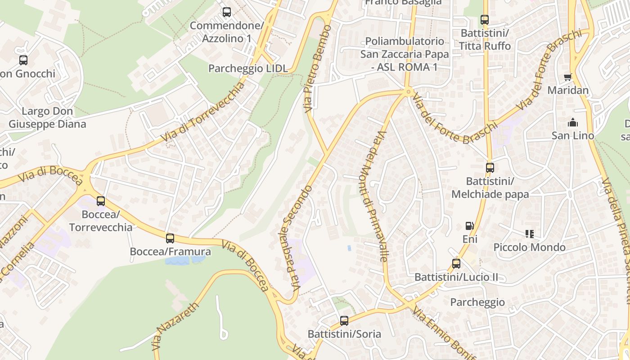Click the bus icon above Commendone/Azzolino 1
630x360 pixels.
point(227,12)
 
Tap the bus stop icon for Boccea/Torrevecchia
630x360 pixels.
point(101,201)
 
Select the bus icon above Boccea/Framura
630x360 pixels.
point(170,238)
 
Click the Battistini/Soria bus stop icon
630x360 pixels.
point(344,321)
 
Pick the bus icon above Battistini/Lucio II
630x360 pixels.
point(456,264)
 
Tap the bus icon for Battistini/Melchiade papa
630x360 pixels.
point(490,168)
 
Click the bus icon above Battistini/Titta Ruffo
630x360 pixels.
point(485,20)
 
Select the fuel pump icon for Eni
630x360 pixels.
point(469,226)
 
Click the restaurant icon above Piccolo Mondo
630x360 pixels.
point(530,234)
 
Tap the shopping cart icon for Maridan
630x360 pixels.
point(567,77)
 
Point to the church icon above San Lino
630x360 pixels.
point(572,122)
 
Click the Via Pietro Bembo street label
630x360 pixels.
point(317,68)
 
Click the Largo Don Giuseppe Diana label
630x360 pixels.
point(47,117)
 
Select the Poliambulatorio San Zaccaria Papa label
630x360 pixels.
point(405,54)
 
